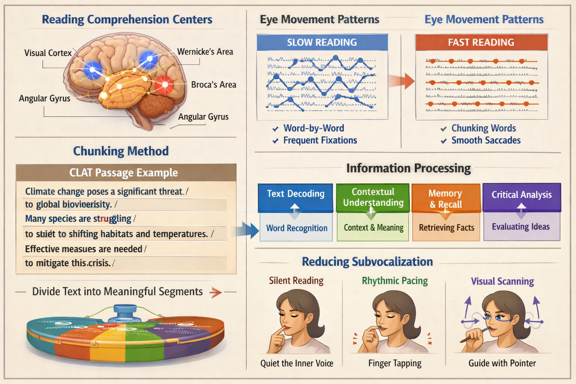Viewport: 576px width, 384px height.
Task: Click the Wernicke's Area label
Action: pyautogui.click(x=205, y=52)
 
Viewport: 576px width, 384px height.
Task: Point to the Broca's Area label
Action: pyautogui.click(x=213, y=85)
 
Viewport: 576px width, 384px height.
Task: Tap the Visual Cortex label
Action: pyautogui.click(x=48, y=53)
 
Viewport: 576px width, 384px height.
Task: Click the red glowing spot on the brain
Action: pyautogui.click(x=164, y=84)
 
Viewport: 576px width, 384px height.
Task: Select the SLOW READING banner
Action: pyautogui.click(x=322, y=42)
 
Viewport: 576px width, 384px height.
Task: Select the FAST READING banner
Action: pyautogui.click(x=481, y=42)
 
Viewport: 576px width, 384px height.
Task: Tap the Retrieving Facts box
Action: pyautogui.click(x=446, y=228)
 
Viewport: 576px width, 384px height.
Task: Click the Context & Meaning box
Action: pyautogui.click(x=373, y=228)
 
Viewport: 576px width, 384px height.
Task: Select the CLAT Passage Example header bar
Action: pyautogui.click(x=126, y=172)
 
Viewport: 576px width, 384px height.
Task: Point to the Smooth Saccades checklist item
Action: pyautogui.click(x=486, y=140)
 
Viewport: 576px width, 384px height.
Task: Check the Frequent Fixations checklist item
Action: pyautogui.click(x=319, y=140)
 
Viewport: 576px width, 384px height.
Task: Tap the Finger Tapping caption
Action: pyautogui.click(x=394, y=363)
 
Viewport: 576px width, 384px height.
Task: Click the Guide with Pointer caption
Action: pyautogui.click(x=502, y=363)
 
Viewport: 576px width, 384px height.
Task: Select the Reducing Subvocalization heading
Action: pyautogui.click(x=367, y=261)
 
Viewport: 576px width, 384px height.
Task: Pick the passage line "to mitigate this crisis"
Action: pyautogui.click(x=68, y=263)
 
